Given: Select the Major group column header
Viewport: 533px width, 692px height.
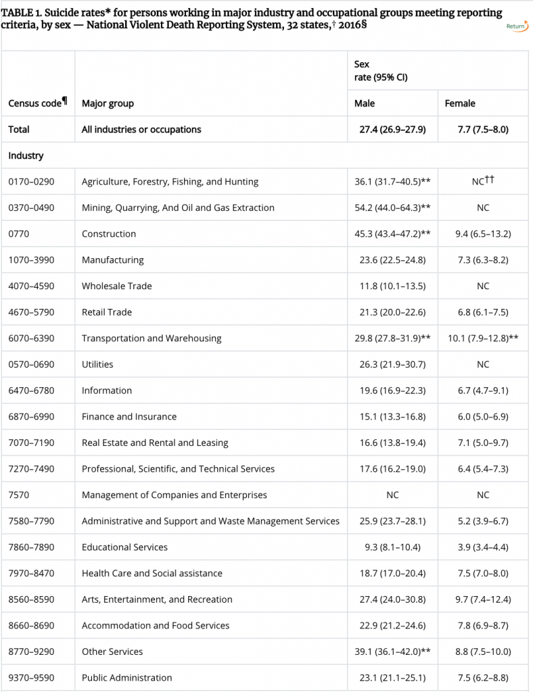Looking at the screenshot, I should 108,103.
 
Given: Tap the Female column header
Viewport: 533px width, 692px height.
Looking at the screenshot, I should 460,103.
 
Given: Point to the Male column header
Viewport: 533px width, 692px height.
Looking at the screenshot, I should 365,103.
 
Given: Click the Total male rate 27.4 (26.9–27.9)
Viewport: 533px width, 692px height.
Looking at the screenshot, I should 392,129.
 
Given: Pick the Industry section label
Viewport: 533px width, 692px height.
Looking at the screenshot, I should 26,155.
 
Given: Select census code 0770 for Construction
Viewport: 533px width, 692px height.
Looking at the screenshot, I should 19,234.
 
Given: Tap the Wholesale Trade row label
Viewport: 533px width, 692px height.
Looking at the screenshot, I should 116,286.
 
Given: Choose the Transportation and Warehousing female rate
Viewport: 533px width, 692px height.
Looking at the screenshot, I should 482,338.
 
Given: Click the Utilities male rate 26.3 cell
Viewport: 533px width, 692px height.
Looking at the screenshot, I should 392,364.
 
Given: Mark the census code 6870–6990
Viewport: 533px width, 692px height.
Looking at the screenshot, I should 31,416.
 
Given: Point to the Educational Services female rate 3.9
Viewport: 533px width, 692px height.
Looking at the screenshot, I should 482,547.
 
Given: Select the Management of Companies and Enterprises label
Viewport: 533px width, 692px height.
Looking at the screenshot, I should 174,495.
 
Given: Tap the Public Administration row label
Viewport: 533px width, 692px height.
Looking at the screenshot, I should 126,678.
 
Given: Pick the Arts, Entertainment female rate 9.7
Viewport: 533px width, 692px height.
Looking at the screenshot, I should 482,599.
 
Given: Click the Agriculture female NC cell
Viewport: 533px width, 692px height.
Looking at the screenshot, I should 482,181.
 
